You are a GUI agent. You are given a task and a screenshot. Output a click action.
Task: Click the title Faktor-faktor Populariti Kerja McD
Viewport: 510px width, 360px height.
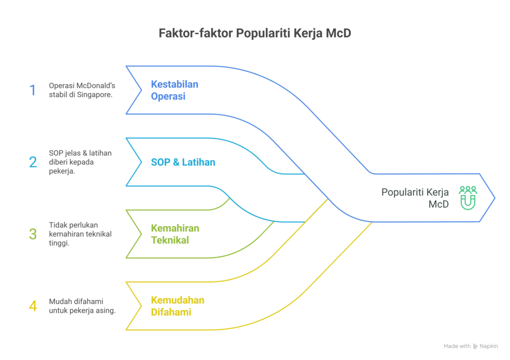pyautogui.click(x=255, y=34)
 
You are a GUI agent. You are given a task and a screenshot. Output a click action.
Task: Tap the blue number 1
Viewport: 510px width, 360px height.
pyautogui.click(x=33, y=90)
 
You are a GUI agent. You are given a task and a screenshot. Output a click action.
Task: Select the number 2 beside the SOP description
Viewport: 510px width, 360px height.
pyautogui.click(x=33, y=162)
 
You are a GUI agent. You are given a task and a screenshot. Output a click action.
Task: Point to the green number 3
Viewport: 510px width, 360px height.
pyautogui.click(x=33, y=234)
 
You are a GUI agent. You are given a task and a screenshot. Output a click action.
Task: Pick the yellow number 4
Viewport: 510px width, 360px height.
pyautogui.click(x=33, y=306)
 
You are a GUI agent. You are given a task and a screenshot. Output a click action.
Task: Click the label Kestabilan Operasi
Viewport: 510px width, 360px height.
pyautogui.click(x=174, y=90)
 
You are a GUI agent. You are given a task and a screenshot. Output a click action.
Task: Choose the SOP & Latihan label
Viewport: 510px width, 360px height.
pyautogui.click(x=183, y=162)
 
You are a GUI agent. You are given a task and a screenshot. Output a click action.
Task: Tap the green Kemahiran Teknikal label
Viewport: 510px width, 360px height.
pyautogui.click(x=175, y=234)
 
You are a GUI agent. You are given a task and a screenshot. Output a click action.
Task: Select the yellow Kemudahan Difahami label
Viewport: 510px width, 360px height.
pyautogui.click(x=177, y=306)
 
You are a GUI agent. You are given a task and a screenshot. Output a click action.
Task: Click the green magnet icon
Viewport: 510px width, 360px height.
pyautogui.click(x=468, y=197)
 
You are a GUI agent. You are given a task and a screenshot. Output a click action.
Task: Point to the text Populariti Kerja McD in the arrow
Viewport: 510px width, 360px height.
pyautogui.click(x=415, y=198)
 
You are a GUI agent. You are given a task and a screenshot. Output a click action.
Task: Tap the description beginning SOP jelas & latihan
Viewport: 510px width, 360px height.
pyautogui.click(x=80, y=162)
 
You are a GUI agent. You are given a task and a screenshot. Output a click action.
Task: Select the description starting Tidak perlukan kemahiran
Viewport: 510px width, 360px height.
pyautogui.click(x=80, y=234)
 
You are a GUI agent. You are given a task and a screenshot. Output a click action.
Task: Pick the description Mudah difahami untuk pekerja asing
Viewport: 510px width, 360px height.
pyautogui.click(x=82, y=306)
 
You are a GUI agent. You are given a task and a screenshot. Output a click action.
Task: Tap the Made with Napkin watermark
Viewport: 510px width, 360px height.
pyautogui.click(x=470, y=346)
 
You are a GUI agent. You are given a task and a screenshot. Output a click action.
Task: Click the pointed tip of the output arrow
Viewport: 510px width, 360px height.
pyautogui.click(x=494, y=198)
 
